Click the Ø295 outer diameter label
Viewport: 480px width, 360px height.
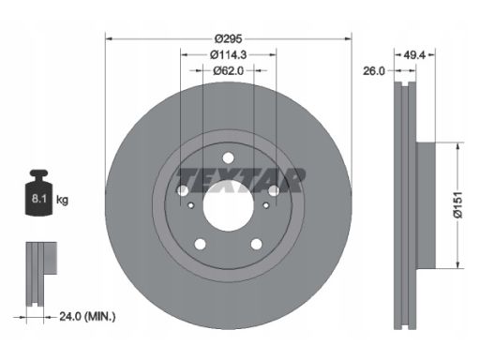point(229,38)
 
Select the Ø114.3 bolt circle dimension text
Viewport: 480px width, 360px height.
point(229,54)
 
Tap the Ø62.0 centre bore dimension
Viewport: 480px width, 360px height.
point(229,71)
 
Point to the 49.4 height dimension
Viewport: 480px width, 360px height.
point(414,55)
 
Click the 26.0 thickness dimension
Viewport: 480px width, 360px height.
point(374,71)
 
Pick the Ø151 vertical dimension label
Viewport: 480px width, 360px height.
point(457,205)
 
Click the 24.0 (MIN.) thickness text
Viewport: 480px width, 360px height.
point(87,317)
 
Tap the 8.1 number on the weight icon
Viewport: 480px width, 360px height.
point(39,199)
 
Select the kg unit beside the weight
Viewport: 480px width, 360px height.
point(62,200)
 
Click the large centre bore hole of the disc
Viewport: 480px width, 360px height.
point(228,206)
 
